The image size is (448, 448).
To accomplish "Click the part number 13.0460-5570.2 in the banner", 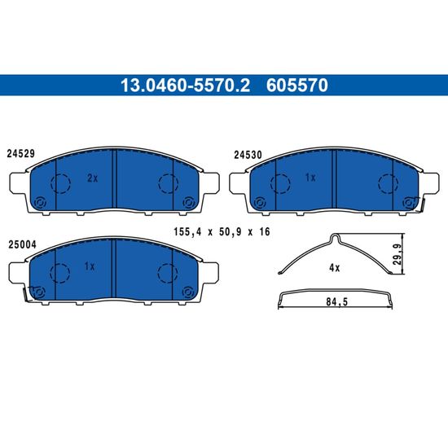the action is [185, 86].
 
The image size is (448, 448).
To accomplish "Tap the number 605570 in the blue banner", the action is [296, 86].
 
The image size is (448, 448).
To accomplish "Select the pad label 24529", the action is [21, 154].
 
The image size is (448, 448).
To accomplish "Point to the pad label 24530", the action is [248, 155].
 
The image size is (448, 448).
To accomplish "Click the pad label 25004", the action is [22, 245].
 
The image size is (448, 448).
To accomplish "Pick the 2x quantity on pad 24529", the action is [92, 178].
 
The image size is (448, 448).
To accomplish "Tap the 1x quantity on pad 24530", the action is [310, 178].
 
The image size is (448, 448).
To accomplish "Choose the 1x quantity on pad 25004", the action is [90, 266].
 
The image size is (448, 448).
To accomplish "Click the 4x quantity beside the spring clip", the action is [334, 268].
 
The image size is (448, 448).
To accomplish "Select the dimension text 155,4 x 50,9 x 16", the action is [222, 231].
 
